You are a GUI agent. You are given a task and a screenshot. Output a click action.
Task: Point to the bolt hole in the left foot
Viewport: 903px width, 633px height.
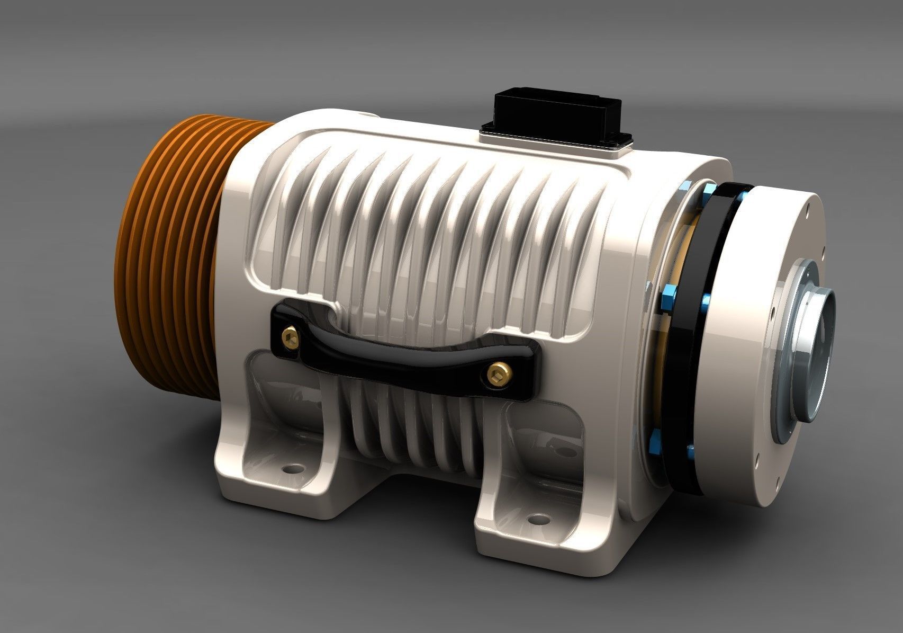[x=290, y=469]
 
